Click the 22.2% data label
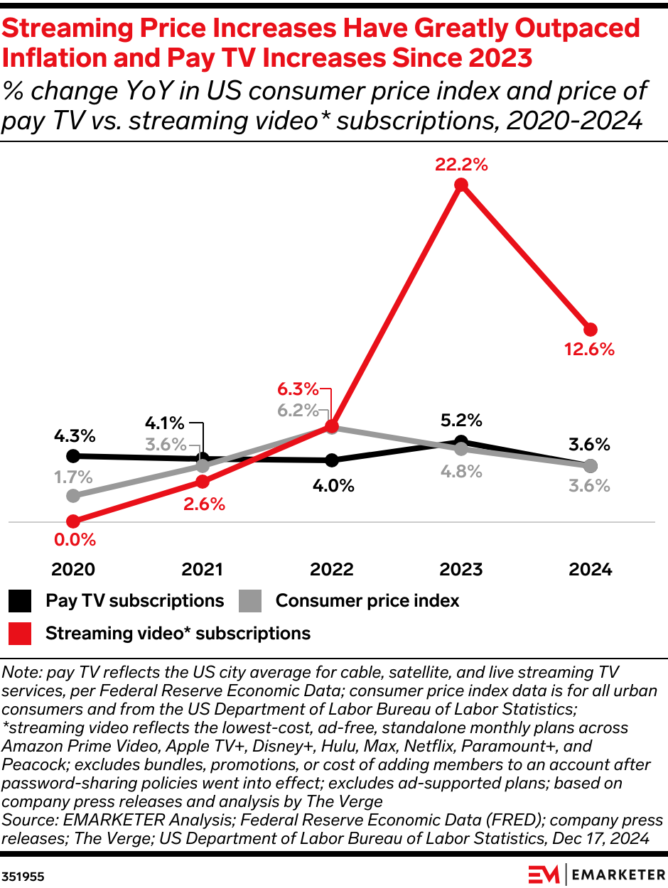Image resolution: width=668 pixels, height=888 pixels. (461, 165)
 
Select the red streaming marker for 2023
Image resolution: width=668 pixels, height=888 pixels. (461, 185)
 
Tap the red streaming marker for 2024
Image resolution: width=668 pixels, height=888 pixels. (591, 330)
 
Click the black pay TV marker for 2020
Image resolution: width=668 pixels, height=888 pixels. (72, 455)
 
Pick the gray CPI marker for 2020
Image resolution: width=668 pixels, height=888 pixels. (72, 495)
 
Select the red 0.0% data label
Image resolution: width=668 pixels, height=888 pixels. (75, 540)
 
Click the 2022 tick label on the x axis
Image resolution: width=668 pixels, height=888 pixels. (332, 570)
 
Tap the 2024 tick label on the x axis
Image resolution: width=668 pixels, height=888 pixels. (591, 570)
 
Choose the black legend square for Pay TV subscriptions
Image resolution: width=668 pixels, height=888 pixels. (21, 601)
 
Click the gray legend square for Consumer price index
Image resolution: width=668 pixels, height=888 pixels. (250, 601)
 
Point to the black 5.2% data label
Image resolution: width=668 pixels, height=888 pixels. (461, 421)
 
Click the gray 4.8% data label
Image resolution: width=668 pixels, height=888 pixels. (461, 471)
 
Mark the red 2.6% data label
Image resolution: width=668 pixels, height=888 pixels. (203, 504)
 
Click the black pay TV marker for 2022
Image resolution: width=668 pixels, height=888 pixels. (332, 460)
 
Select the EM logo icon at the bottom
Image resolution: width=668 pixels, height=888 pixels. (544, 874)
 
